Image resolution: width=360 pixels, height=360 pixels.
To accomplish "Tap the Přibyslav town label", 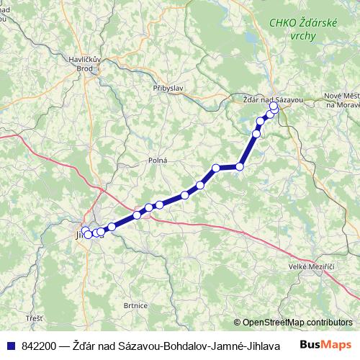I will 166,87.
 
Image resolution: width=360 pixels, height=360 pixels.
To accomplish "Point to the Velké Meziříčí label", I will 312,267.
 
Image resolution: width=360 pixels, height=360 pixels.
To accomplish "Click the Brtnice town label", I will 135,305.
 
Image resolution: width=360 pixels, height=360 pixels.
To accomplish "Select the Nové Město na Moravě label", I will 343,100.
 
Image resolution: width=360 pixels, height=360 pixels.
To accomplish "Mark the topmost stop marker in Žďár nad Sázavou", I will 274,106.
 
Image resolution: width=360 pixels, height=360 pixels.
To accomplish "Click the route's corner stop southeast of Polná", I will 216,168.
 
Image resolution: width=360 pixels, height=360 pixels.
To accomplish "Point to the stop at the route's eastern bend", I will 240,166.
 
